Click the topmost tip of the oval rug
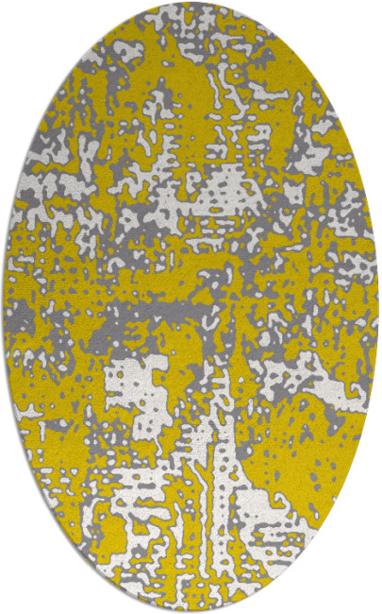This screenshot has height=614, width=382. tap(191, 3)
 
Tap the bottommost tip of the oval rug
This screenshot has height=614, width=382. tap(191, 611)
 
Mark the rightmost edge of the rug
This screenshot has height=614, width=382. tap(377, 307)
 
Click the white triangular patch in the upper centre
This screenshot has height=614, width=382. tap(226, 189)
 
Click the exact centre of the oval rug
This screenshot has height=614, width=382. tap(191, 307)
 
